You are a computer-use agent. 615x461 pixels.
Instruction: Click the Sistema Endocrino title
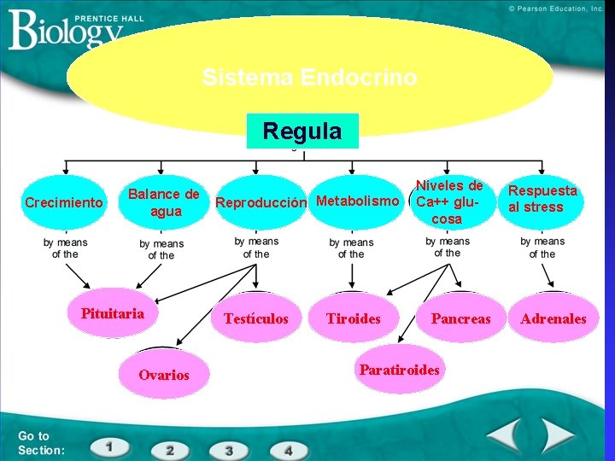309,78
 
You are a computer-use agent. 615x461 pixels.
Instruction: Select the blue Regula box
302,131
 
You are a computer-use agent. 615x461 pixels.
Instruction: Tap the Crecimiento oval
64,203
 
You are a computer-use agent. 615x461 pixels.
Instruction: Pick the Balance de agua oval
164,203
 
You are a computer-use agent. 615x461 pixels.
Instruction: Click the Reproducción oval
260,203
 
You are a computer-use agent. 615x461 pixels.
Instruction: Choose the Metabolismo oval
357,202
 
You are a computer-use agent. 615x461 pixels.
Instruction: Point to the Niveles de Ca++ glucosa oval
449,202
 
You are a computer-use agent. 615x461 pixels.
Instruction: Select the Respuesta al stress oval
542,199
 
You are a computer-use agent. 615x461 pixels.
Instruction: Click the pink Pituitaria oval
113,313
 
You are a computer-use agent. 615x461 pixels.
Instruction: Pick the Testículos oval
256,318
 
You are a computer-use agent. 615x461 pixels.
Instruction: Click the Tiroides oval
354,318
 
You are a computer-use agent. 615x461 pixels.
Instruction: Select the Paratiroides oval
400,370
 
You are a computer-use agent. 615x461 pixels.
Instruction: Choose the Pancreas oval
461,318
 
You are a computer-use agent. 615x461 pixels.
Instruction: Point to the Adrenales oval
554,318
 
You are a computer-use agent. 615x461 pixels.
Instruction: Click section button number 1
109,446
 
